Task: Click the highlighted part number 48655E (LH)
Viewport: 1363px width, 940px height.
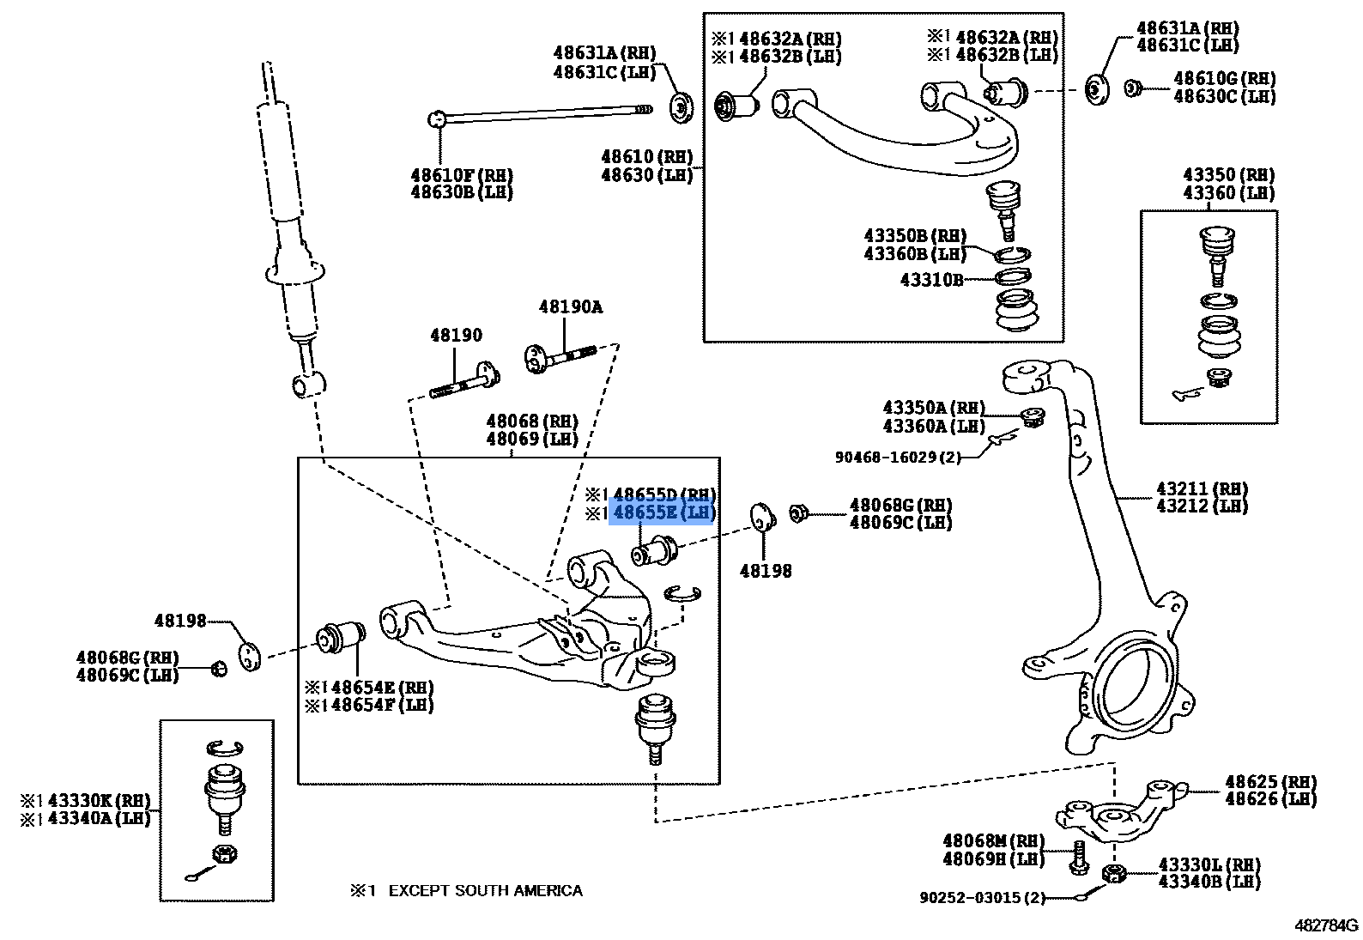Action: pyautogui.click(x=662, y=513)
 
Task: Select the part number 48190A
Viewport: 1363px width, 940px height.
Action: pyautogui.click(x=571, y=306)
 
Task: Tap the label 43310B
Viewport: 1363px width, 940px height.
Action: pyautogui.click(x=931, y=279)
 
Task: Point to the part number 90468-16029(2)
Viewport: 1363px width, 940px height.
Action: pyautogui.click(x=898, y=458)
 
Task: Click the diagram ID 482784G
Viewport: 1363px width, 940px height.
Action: pyautogui.click(x=1326, y=925)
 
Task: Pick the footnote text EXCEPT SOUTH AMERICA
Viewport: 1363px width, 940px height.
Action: pyautogui.click(x=485, y=891)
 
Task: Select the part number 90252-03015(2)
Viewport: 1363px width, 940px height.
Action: pyautogui.click(x=982, y=897)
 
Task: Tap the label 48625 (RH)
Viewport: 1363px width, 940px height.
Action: pyautogui.click(x=1270, y=782)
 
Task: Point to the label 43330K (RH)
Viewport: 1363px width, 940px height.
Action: pyautogui.click(x=86, y=800)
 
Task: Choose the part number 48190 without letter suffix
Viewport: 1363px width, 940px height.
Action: pyautogui.click(x=456, y=335)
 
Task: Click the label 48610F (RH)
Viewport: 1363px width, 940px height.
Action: pyautogui.click(x=462, y=175)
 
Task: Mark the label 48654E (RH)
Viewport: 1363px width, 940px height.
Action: pyautogui.click(x=369, y=688)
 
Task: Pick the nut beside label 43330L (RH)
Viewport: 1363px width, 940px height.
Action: pyautogui.click(x=1113, y=874)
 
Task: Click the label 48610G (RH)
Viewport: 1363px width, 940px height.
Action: pyautogui.click(x=1224, y=78)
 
